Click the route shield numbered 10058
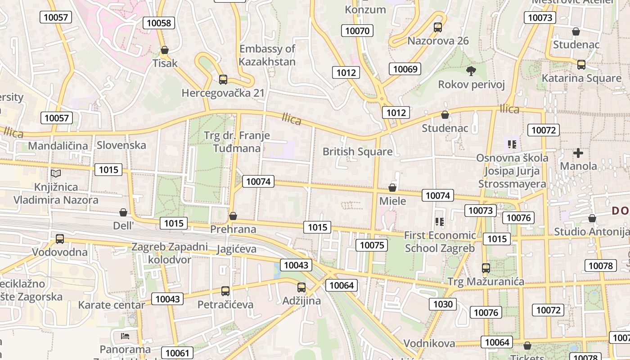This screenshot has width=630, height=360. pos(159,23)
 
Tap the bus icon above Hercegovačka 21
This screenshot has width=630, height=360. pos(223,80)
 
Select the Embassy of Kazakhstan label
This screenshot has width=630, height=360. pos(267,55)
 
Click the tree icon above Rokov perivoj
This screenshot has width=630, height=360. pos(471,71)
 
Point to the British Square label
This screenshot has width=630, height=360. pos(358,152)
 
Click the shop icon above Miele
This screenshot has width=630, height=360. pos(392,188)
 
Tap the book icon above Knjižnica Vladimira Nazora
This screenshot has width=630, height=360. pos(56,173)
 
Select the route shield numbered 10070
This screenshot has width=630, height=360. pos(357,31)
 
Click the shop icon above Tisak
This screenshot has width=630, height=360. pos(165,50)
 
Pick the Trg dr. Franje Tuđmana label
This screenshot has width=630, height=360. pos(237,142)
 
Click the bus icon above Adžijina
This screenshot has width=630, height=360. pos(301,287)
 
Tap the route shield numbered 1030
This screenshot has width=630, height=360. pos(443,304)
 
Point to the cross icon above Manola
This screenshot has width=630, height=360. pos(578,153)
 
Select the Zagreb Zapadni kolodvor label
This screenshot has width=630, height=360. pos(170,253)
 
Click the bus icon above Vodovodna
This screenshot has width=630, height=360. pos(59,238)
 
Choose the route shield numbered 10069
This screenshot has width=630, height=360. pos(405,69)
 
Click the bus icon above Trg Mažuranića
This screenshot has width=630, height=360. pos(486,268)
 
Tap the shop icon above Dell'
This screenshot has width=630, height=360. pos(123,212)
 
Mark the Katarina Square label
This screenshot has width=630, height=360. pos(581,78)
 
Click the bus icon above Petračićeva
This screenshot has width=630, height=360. pos(225,291)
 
